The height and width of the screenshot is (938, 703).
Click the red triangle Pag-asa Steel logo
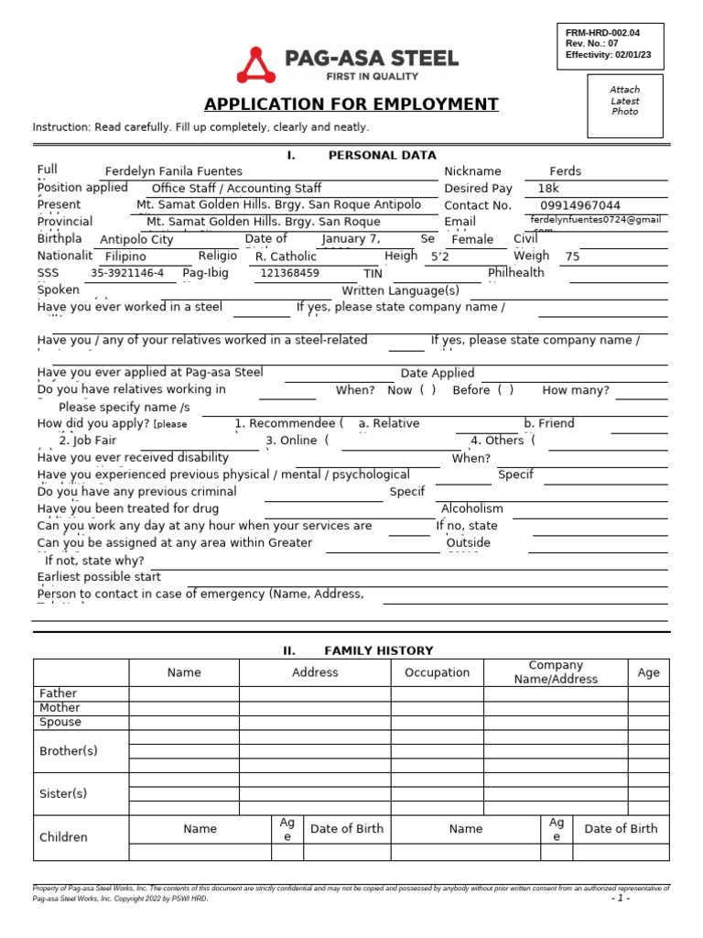point(256,65)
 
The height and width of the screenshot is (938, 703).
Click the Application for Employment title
point(351,104)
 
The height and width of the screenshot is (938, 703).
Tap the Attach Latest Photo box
point(625,101)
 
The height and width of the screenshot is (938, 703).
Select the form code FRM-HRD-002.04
point(602,33)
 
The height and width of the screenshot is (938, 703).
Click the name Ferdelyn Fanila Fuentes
point(174,171)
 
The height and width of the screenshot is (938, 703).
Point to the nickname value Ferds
point(565,171)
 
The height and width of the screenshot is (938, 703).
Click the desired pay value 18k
point(548,189)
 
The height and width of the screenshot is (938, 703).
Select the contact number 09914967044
point(580,206)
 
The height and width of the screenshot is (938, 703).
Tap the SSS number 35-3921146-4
point(127,273)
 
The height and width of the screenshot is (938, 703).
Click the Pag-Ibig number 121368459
point(289,273)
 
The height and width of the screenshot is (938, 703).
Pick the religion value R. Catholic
point(286,257)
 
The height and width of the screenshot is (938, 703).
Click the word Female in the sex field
point(472,240)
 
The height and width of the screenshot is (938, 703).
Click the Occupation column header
point(437,672)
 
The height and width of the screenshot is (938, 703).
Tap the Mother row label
point(59,708)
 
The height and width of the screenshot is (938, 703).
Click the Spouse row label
point(60,722)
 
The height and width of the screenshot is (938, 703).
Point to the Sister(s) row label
point(63,793)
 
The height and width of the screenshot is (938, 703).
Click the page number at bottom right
point(621,899)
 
